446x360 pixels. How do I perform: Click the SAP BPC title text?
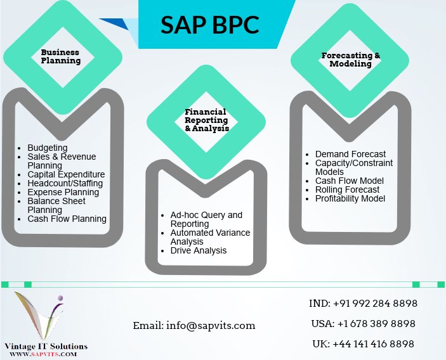pos(209,24)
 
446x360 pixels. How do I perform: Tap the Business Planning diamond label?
pos(61,56)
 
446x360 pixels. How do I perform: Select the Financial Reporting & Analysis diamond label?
pos(206,120)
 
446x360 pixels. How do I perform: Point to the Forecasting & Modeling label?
pos(351,60)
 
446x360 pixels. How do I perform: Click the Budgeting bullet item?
pos(47,148)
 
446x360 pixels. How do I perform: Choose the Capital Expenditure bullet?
pos(66,174)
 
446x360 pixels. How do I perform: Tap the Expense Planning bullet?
pos(63,192)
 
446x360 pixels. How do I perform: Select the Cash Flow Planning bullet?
pos(67,219)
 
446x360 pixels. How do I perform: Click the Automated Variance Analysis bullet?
pos(210,237)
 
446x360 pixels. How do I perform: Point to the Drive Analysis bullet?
pos(199,250)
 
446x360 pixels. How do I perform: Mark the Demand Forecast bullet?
pos(350,154)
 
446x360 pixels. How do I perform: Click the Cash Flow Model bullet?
pos(350,181)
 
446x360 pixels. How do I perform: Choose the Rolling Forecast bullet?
pos(347,190)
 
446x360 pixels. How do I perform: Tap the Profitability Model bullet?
pos(350,198)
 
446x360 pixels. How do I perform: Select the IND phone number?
pos(363,303)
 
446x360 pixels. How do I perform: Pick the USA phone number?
pos(363,323)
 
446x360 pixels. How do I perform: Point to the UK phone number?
pos(364,344)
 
